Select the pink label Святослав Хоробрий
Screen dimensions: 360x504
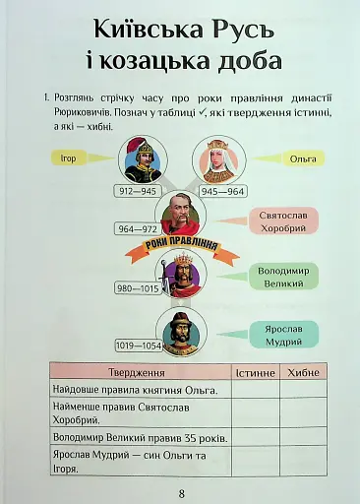(282, 220)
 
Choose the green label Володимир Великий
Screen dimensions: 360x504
(283, 275)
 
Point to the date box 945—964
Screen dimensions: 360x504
(223, 191)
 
